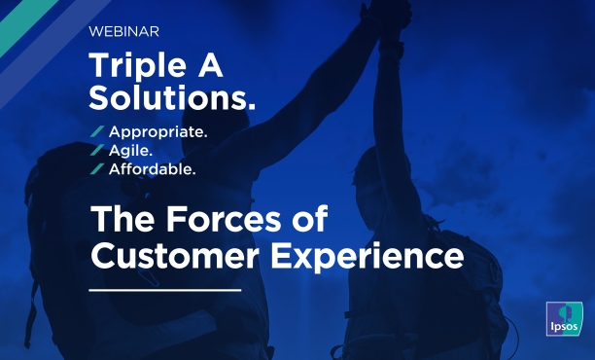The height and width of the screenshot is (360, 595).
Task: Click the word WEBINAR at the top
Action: pos(123,31)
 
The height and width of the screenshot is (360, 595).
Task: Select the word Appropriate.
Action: pos(158,131)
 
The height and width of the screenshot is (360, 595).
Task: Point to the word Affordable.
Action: pos(153,168)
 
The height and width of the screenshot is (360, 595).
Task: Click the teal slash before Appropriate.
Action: pos(96,131)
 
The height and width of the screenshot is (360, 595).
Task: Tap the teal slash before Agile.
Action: pos(96,150)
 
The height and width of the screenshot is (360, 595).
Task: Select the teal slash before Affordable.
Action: pos(96,168)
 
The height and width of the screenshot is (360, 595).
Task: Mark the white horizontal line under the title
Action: pos(164,290)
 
